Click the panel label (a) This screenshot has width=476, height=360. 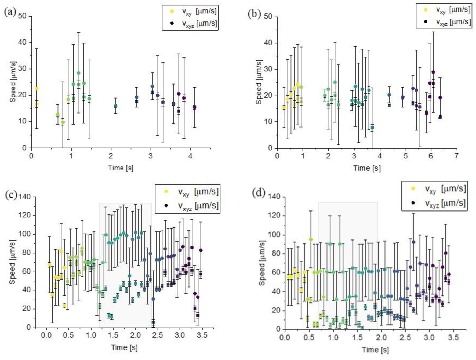[x=10, y=12]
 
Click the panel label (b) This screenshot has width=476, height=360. [x=254, y=13]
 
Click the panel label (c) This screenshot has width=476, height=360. [x=11, y=195]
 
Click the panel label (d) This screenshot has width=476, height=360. [x=258, y=192]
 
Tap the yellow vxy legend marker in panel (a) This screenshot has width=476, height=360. [x=172, y=11]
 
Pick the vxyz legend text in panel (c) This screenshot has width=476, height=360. [x=198, y=206]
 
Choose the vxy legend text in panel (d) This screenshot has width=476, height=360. [x=445, y=189]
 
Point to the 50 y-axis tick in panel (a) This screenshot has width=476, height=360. [x=23, y=16]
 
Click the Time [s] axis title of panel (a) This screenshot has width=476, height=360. [x=121, y=168]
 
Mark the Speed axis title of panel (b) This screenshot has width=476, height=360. [x=259, y=82]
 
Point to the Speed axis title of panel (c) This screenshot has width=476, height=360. [x=12, y=262]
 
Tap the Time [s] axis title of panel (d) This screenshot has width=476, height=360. [x=375, y=350]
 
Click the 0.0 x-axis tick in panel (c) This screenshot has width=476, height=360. [x=46, y=335]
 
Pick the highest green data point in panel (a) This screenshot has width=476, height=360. [x=78, y=73]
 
